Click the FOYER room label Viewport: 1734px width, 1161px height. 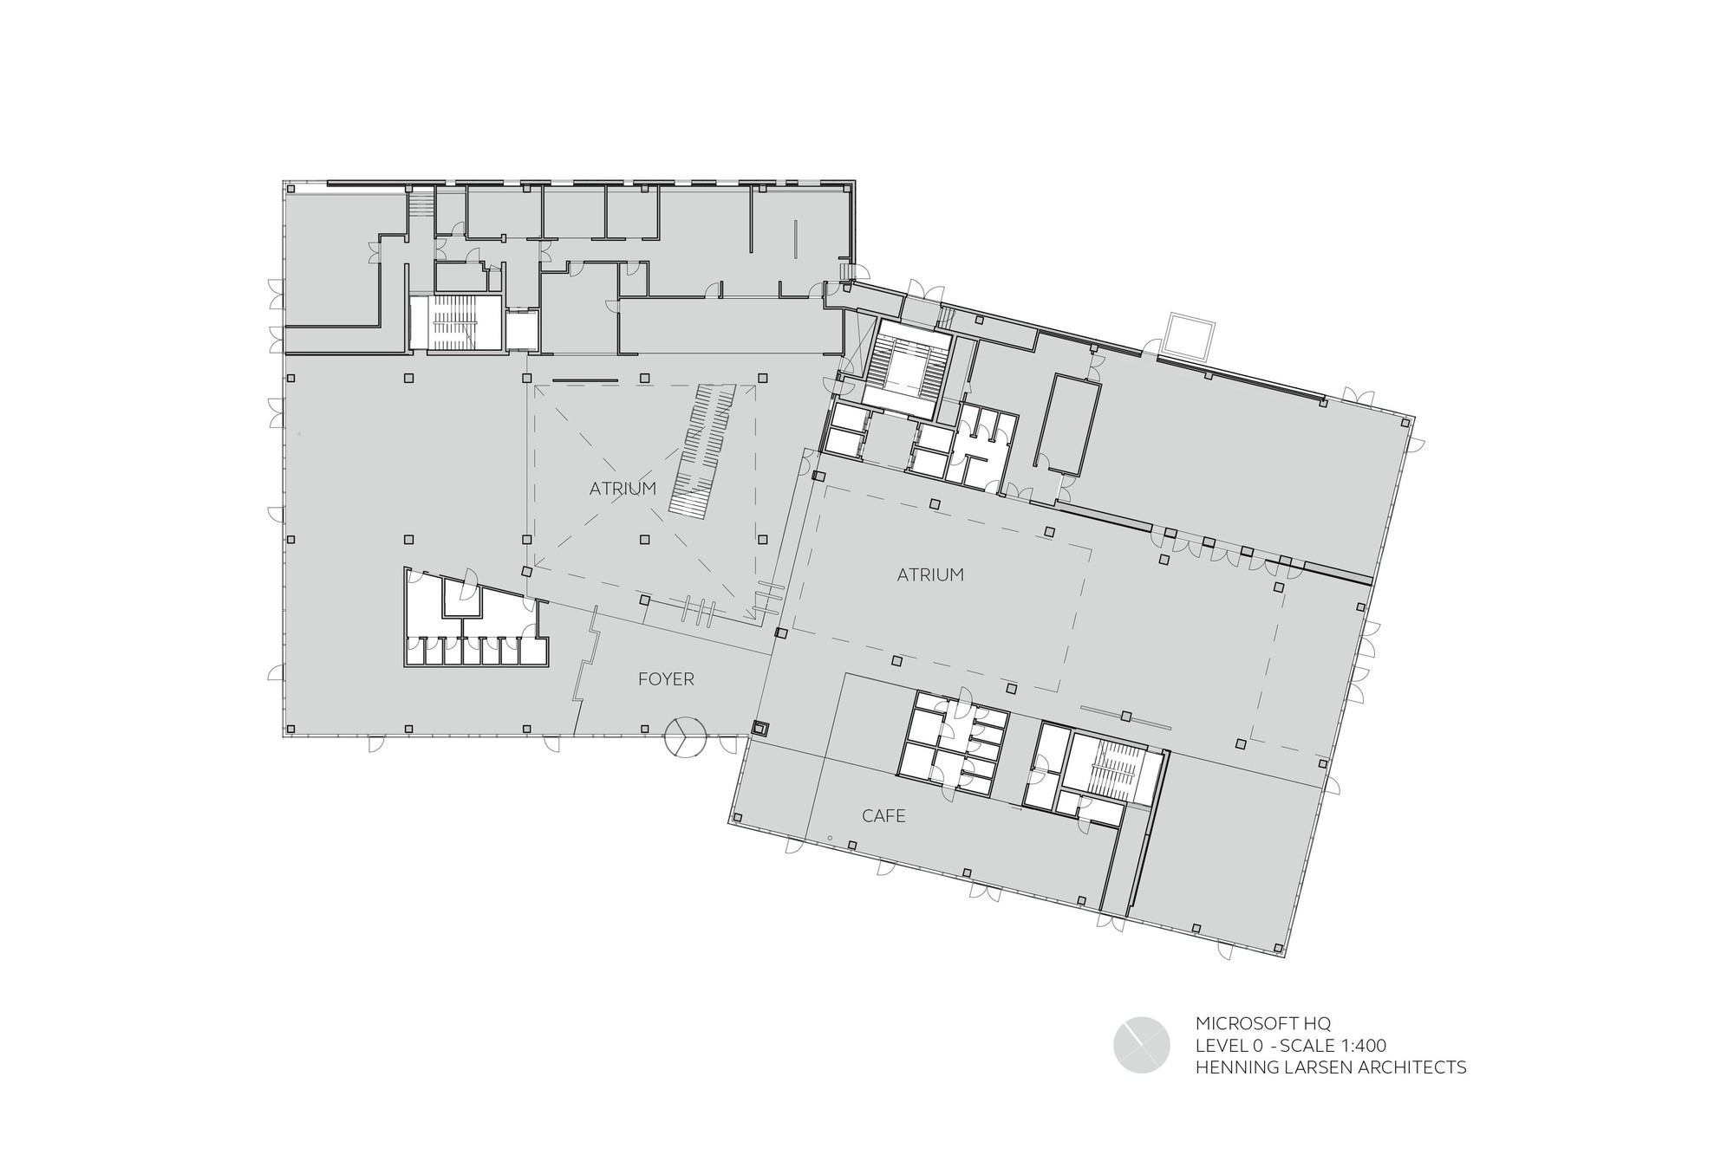point(666,679)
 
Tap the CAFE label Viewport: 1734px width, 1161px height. point(883,816)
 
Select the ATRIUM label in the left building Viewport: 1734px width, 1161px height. point(623,489)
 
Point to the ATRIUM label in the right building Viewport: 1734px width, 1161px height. point(930,574)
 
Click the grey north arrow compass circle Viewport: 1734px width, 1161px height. point(1142,1045)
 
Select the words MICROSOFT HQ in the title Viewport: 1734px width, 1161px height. point(1257,1023)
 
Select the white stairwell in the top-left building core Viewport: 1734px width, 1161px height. point(456,323)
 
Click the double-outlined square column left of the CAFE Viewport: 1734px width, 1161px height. point(760,729)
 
